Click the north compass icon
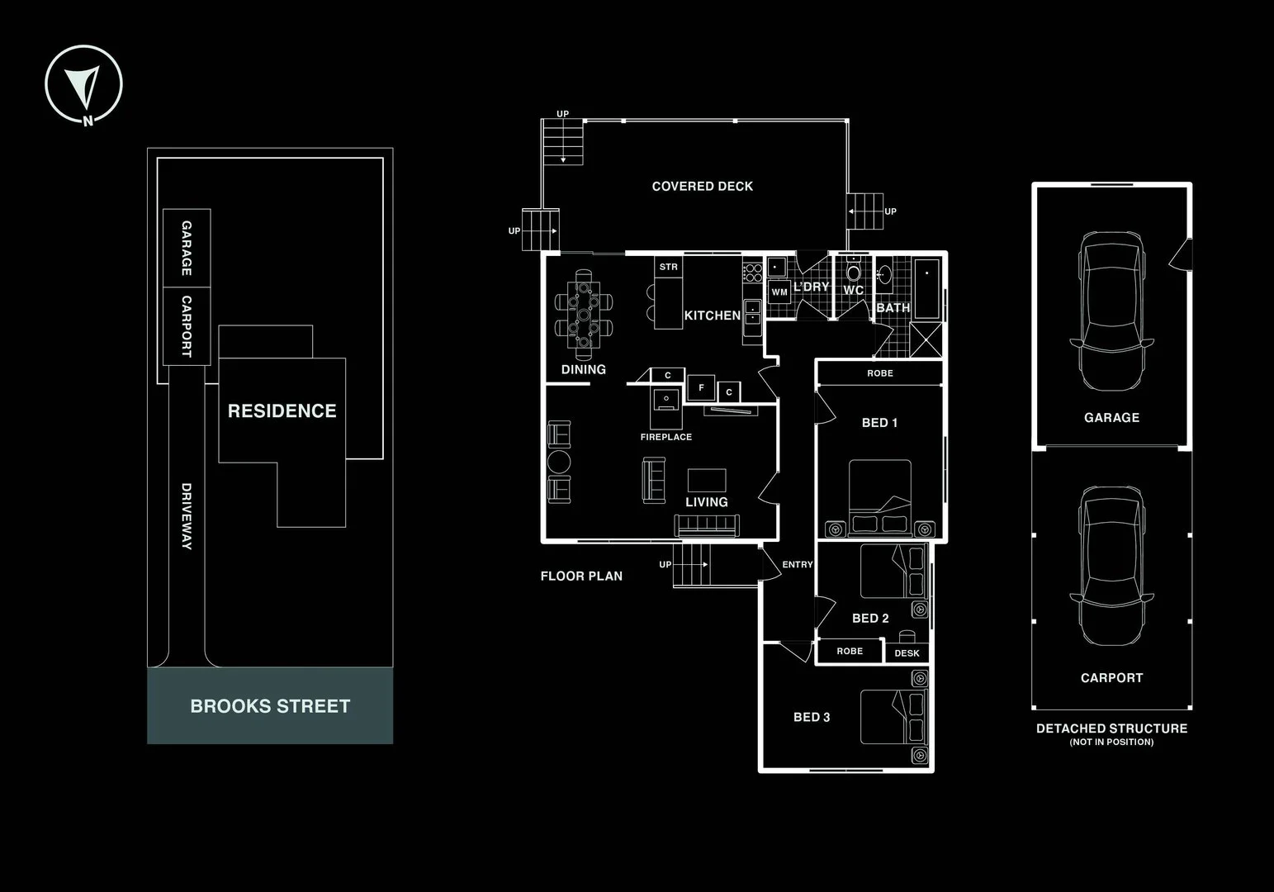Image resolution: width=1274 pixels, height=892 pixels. (84, 84)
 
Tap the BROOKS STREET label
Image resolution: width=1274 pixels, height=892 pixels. (270, 706)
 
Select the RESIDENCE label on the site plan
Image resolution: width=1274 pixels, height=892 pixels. (282, 410)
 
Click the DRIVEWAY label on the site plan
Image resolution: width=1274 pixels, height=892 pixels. (187, 516)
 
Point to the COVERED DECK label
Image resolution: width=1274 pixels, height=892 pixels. (702, 187)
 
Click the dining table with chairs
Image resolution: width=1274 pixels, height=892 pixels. (584, 314)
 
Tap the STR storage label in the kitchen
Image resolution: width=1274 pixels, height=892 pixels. (668, 267)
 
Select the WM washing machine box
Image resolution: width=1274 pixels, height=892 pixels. (779, 292)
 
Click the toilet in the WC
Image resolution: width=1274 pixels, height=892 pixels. (853, 272)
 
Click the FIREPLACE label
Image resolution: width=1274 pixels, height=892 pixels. (665, 437)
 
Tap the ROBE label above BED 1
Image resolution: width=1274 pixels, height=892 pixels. (879, 373)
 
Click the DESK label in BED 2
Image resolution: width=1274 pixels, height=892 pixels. (907, 653)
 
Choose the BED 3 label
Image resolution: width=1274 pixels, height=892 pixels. (811, 717)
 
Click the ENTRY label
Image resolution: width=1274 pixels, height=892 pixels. (797, 565)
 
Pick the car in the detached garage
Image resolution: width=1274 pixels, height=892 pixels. (1111, 310)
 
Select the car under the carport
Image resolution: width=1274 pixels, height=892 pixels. (1111, 566)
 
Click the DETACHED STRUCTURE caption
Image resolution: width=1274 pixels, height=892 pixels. (1111, 728)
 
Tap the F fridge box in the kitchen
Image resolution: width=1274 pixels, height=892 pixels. (701, 387)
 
